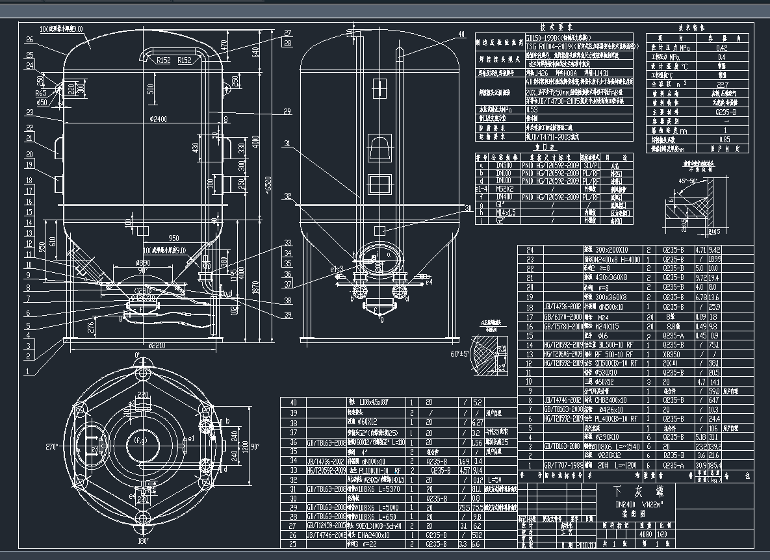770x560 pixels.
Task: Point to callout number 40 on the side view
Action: pyautogui.click(x=462, y=34)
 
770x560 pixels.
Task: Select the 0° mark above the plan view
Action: pyautogui.click(x=137, y=355)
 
